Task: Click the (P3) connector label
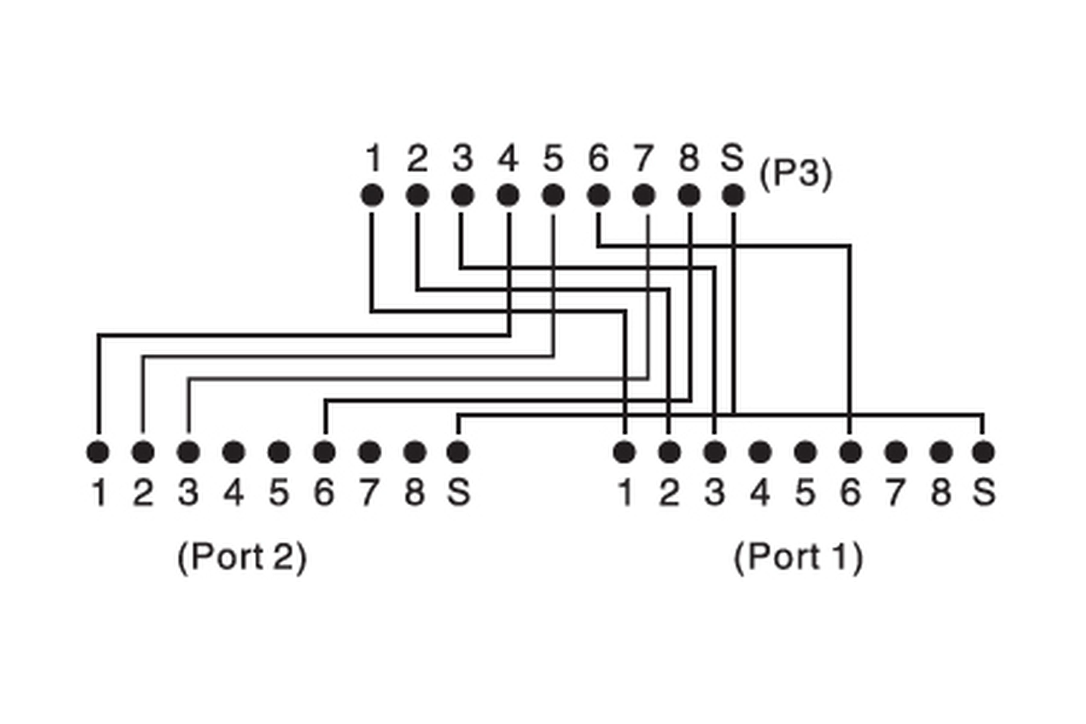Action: point(795,174)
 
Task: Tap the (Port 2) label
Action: point(242,558)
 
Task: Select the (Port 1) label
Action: point(798,558)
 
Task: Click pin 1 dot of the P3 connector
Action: point(372,195)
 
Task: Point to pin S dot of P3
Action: point(733,195)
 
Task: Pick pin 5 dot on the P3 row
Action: point(553,195)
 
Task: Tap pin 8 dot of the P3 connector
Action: point(689,195)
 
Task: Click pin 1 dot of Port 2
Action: point(98,451)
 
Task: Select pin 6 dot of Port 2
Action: point(324,451)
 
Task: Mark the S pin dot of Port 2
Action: point(458,451)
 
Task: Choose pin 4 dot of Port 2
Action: point(234,451)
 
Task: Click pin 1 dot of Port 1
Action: point(624,451)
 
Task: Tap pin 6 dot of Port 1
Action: point(851,451)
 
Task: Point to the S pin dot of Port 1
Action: point(983,451)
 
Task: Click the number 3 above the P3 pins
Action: point(463,158)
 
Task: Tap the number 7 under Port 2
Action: point(370,492)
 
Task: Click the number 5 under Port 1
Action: point(805,492)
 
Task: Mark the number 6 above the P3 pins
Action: point(598,158)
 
